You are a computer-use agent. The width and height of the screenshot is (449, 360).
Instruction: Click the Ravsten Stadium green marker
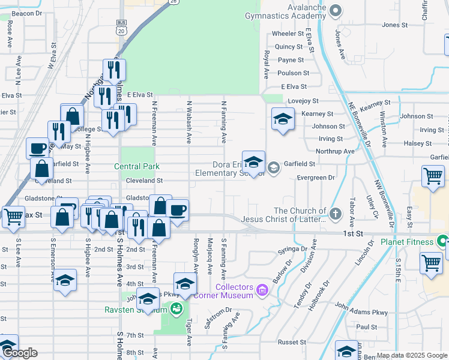click(x=176, y=309)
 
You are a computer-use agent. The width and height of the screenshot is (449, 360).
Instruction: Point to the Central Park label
click(x=137, y=166)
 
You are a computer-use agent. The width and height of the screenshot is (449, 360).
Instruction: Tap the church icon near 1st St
click(x=336, y=212)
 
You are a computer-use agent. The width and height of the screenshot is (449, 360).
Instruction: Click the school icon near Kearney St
click(x=282, y=119)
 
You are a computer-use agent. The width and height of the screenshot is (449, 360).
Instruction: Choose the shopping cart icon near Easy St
click(x=432, y=177)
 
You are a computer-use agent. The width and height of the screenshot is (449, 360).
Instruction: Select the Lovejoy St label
click(x=303, y=101)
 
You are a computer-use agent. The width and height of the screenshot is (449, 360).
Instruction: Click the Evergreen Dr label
click(x=315, y=178)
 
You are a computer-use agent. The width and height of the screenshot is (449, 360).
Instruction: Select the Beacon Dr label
click(x=26, y=13)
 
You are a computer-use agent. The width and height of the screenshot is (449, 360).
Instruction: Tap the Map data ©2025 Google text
click(x=411, y=355)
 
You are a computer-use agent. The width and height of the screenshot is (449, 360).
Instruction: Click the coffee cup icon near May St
click(x=37, y=148)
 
